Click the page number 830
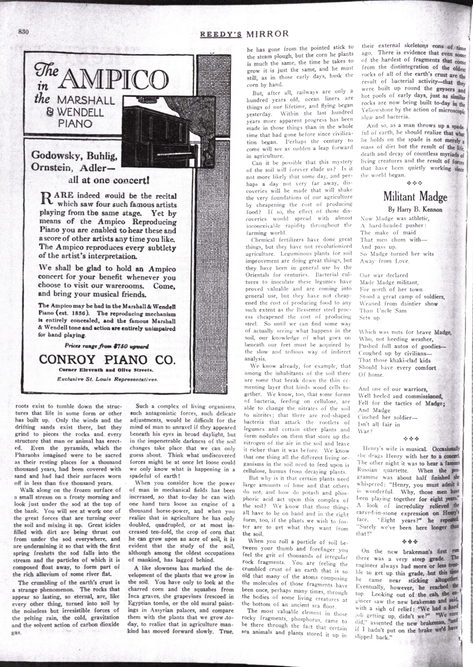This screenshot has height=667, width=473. coord(24,32)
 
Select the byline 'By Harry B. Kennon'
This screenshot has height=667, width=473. coord(415,210)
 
